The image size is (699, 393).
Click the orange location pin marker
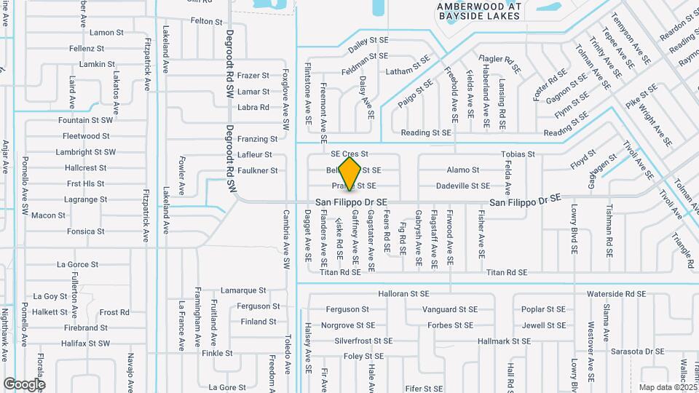pos(350,173)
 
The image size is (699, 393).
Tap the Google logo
pos(25,384)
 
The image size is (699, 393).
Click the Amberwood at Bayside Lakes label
pos(478,10)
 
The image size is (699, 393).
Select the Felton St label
pos(206,22)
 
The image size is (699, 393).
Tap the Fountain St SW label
pos(85,120)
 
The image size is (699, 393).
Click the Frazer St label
pos(253,76)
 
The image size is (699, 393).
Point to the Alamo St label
pos(463,170)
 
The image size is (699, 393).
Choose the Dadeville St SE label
pos(462,186)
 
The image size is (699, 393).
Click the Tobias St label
pos(518,154)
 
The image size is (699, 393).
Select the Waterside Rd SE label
pos(616,294)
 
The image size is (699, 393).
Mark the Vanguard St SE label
pos(450,309)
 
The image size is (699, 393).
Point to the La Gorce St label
pos(77,265)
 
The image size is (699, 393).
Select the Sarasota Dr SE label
pos(637,351)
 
